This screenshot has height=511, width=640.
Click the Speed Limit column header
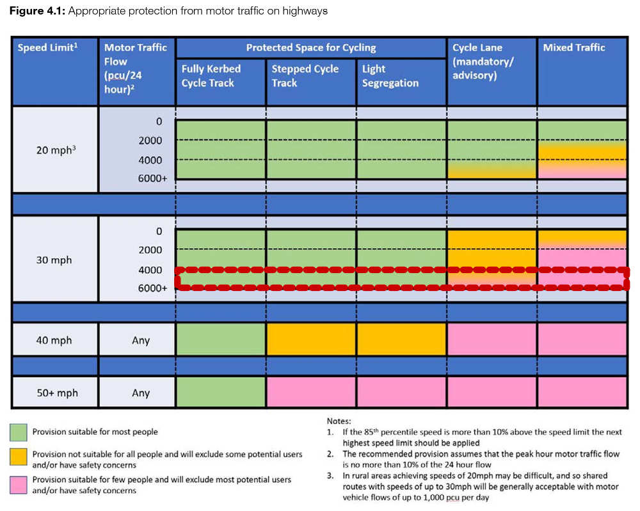47,47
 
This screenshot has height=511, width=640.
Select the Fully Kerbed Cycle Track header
211,76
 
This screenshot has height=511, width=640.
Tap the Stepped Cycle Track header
305,76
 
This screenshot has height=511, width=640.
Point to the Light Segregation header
390,76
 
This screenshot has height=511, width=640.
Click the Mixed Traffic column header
574,47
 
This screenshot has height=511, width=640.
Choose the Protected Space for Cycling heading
311,47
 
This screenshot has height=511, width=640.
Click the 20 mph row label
56,150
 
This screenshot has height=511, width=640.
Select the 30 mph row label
54,260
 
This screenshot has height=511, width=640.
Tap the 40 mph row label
54,340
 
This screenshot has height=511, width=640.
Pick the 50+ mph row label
57,393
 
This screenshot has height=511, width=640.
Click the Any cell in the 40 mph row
141,340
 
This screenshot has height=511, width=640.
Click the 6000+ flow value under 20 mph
152,178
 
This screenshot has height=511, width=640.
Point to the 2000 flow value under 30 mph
150,250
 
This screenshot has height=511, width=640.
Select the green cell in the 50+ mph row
221,392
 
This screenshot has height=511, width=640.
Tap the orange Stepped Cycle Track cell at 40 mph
311,340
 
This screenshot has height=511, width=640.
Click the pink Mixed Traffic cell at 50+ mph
582,392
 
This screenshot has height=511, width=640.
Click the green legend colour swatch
19,432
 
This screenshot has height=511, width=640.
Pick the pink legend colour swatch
19,485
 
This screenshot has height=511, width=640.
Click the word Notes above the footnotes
339,421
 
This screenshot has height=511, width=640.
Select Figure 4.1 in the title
37,11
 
